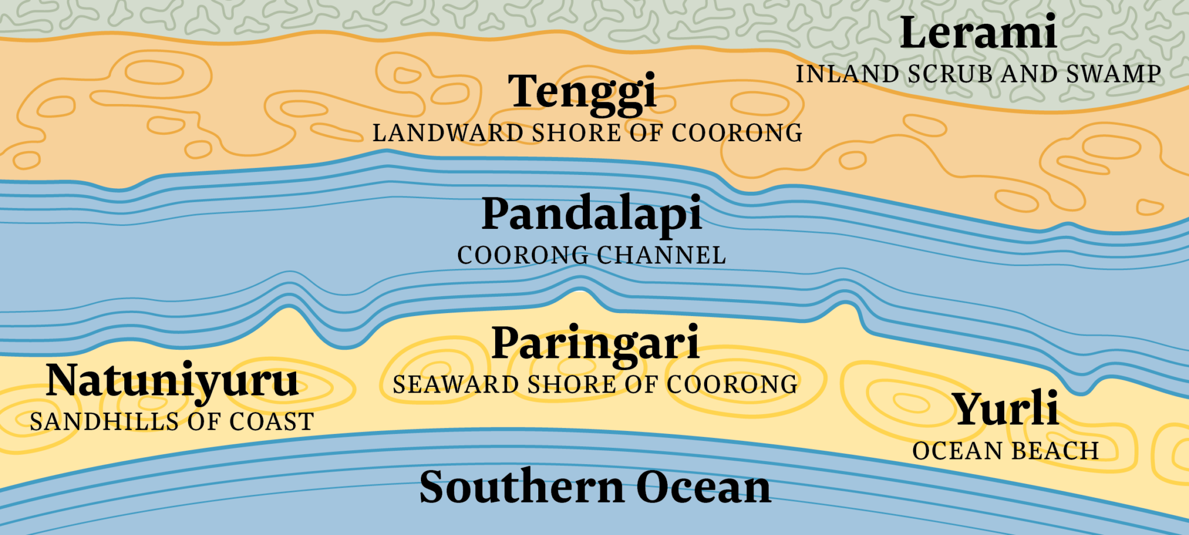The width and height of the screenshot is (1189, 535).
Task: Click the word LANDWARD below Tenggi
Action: click(448, 133)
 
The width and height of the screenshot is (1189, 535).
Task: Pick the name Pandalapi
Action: click(592, 214)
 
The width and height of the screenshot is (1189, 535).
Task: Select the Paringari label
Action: click(595, 344)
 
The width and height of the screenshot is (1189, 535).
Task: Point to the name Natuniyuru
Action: click(172, 381)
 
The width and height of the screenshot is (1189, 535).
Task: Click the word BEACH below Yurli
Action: click(1055, 451)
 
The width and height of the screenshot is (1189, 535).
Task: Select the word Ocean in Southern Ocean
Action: click(704, 487)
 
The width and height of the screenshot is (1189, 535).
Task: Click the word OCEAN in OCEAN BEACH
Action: click(958, 451)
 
